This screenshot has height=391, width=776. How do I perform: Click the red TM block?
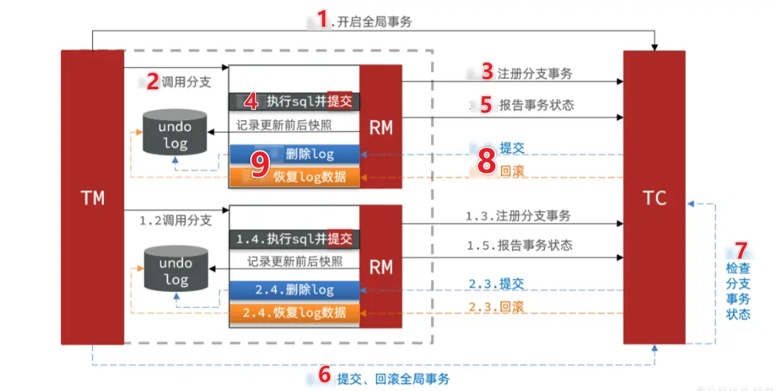pos(92,197)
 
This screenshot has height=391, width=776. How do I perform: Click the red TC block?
pos(654,197)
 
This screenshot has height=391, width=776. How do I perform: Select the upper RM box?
pos(380,127)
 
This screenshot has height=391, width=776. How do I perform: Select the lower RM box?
pos(380,267)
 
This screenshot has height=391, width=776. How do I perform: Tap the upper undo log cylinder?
pos(175,132)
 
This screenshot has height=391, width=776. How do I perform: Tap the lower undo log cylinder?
pos(175,270)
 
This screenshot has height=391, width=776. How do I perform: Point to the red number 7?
pos(740,250)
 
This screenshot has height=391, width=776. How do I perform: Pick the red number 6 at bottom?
pos(324,376)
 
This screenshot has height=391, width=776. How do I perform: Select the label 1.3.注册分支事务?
pos(518,216)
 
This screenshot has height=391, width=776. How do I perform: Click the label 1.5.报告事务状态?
pos(519,246)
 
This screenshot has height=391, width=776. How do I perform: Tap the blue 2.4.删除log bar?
pos(294,290)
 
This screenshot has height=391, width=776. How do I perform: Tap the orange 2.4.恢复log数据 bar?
pos(294,313)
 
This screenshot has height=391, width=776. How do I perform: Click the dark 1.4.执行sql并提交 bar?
pos(294,238)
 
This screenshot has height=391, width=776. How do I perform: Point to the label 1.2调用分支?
pos(175,220)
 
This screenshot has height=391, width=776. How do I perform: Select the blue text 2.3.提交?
pos(497,283)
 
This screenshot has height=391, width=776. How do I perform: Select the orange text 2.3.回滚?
pos(497,306)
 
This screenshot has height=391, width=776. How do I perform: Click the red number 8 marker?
pos(487,162)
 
